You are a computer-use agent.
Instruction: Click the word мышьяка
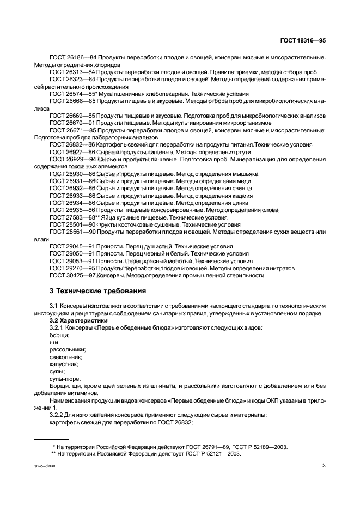pyautogui.click(x=244, y=174)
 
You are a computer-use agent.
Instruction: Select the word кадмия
pyautogui.click(x=242, y=195)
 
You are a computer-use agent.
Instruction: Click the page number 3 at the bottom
pyautogui.click(x=324, y=466)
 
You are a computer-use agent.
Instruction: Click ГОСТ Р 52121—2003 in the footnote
pyautogui.click(x=211, y=453)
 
